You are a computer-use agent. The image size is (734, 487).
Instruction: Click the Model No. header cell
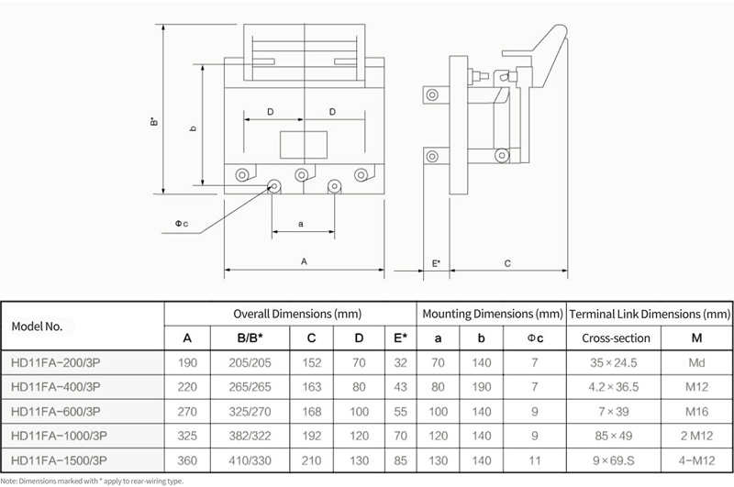pyautogui.click(x=37, y=327)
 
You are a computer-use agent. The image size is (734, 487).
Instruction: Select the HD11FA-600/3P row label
pyautogui.click(x=56, y=411)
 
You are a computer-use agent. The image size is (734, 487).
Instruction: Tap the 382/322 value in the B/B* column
pyautogui.click(x=250, y=436)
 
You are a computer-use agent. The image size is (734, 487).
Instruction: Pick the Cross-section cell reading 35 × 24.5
pyautogui.click(x=613, y=362)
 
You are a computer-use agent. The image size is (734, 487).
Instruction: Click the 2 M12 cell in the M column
pyautogui.click(x=696, y=436)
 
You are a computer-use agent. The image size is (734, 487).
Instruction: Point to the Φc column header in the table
pyautogui.click(x=535, y=338)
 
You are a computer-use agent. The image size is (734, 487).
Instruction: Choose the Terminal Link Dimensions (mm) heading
pyautogui.click(x=650, y=314)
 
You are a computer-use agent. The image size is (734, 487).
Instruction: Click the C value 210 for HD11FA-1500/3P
pyautogui.click(x=311, y=460)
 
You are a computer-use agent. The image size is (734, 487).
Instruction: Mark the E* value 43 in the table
pyautogui.click(x=400, y=387)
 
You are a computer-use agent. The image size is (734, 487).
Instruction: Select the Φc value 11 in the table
pyautogui.click(x=535, y=460)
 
